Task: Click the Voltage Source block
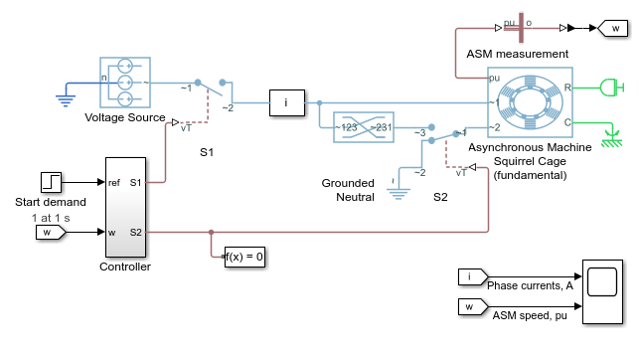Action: [x=125, y=83]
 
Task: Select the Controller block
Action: [x=125, y=207]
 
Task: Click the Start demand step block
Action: [x=52, y=182]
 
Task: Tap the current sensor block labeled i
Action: [x=287, y=102]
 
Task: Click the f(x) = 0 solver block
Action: [x=244, y=257]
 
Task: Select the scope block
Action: [x=603, y=292]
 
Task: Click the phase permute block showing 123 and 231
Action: [x=364, y=127]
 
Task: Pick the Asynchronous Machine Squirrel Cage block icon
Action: [x=531, y=102]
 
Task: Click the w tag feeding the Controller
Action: [x=51, y=233]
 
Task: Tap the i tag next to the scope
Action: [x=473, y=276]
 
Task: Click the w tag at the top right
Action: [x=612, y=28]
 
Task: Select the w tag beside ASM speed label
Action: [x=473, y=306]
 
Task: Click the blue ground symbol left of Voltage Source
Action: [x=66, y=100]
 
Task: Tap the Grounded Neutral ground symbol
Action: [x=399, y=193]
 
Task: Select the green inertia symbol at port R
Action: [x=612, y=88]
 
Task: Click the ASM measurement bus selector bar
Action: [x=521, y=28]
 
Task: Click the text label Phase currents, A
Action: [x=531, y=285]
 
